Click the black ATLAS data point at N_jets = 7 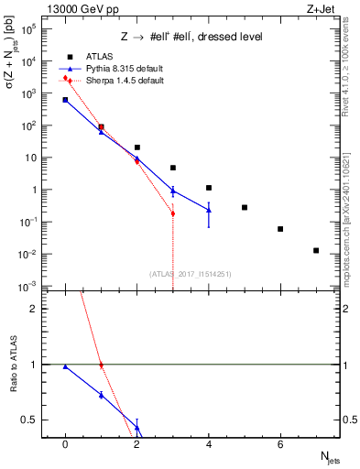(x=316, y=250)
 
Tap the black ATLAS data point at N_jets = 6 (x=280, y=229)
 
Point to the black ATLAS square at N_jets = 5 (x=245, y=207)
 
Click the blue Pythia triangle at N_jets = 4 (x=209, y=210)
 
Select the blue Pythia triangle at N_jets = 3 (x=173, y=191)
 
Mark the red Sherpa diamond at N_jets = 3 (x=173, y=213)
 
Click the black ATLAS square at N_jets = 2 (x=137, y=147)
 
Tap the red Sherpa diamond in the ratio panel (x=101, y=365)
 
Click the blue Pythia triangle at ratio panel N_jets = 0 (x=65, y=366)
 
